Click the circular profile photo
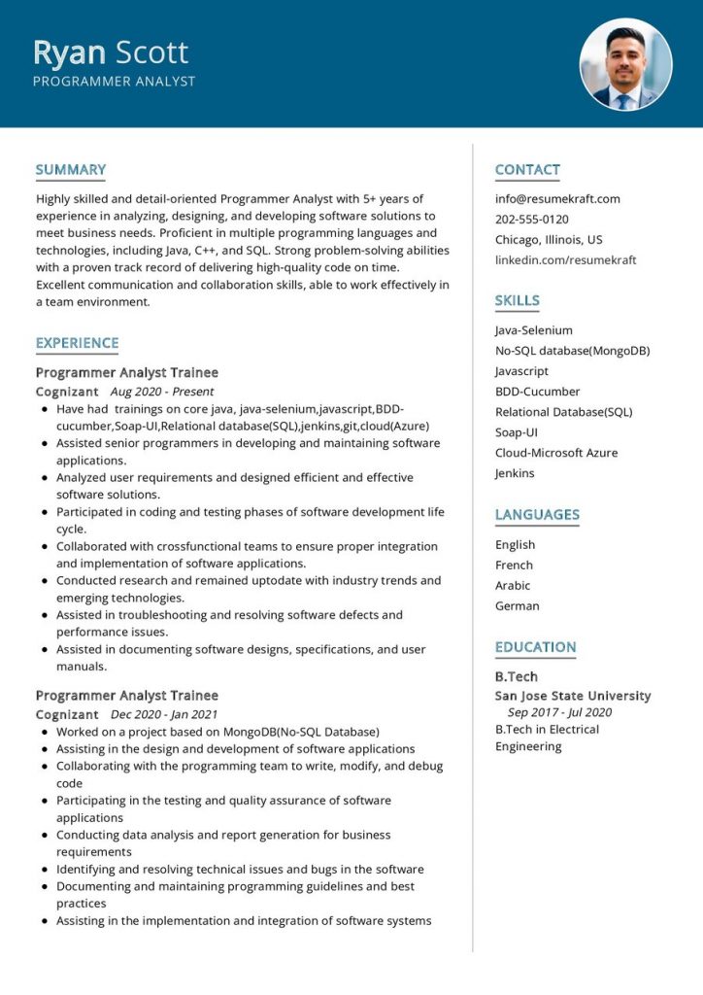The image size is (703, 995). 625,64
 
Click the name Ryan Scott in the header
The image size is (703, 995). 111,51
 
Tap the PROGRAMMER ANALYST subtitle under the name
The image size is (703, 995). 114,82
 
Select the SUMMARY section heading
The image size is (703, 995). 70,170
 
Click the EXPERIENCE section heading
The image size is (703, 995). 77,343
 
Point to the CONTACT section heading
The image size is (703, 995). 527,170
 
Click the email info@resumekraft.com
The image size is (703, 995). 557,199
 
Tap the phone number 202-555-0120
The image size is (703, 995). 531,220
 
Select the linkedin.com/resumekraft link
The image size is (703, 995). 565,260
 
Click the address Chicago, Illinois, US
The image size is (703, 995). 549,240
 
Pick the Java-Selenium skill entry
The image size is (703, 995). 533,330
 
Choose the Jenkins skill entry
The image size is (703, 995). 515,473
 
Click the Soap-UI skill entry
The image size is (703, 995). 517,432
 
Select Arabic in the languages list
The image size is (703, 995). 513,586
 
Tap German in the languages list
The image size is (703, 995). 517,606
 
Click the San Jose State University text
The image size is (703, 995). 572,696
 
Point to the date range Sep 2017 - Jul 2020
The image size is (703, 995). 559,712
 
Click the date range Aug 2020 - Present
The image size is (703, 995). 162,392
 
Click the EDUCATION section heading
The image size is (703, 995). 535,647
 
